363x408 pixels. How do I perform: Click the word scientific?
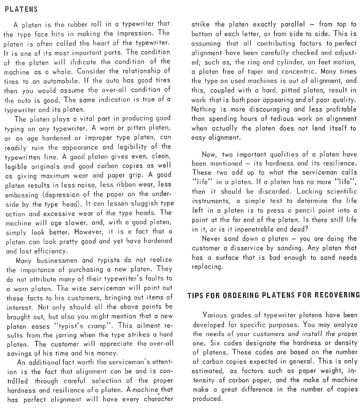pos(339,191)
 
